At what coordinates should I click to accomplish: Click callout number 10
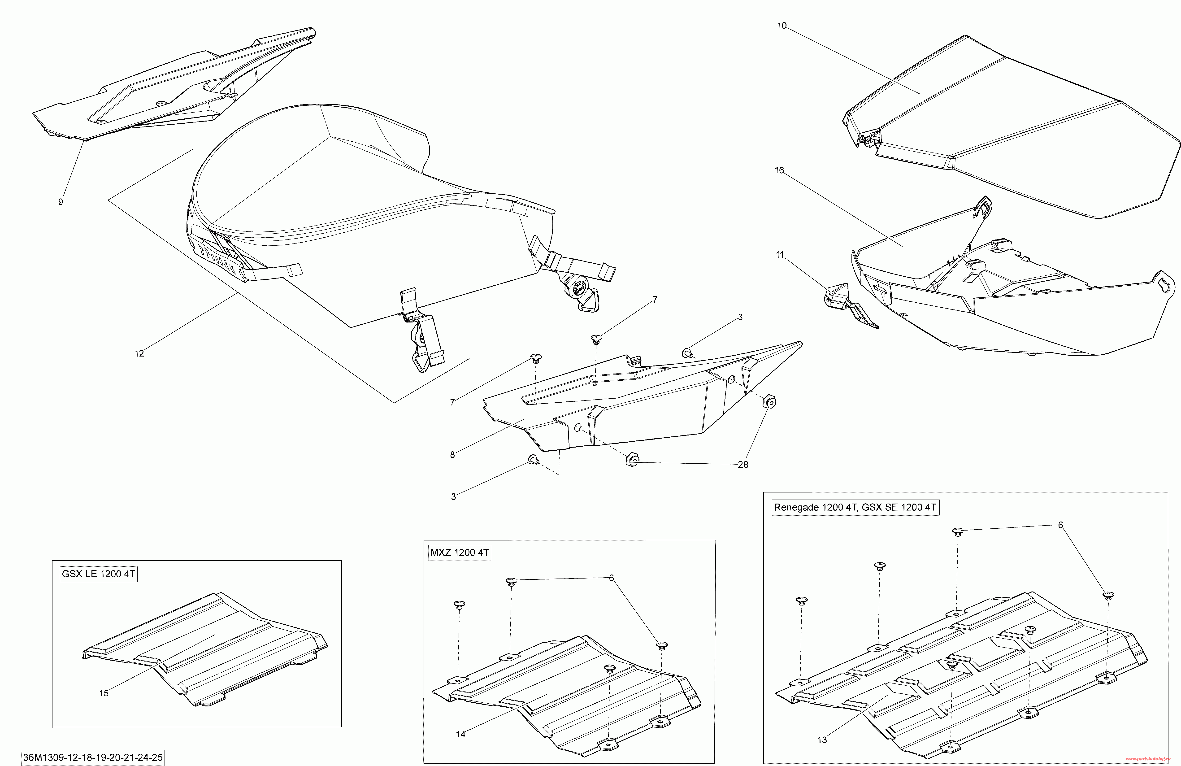pos(782,26)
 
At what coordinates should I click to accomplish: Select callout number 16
pos(780,170)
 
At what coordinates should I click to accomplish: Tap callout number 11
pos(780,255)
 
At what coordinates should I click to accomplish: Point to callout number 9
pos(61,202)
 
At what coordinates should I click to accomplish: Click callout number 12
pos(139,353)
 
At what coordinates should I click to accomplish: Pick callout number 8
pos(452,455)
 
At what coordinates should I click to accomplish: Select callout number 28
pos(743,465)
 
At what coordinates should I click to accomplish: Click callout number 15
pos(104,693)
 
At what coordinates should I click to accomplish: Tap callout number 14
pos(460,734)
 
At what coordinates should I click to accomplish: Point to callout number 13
pos(822,740)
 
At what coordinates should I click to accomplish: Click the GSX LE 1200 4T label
pos(98,574)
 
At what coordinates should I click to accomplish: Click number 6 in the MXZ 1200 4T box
pos(611,578)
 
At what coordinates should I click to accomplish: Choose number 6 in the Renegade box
pos(1060,525)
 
